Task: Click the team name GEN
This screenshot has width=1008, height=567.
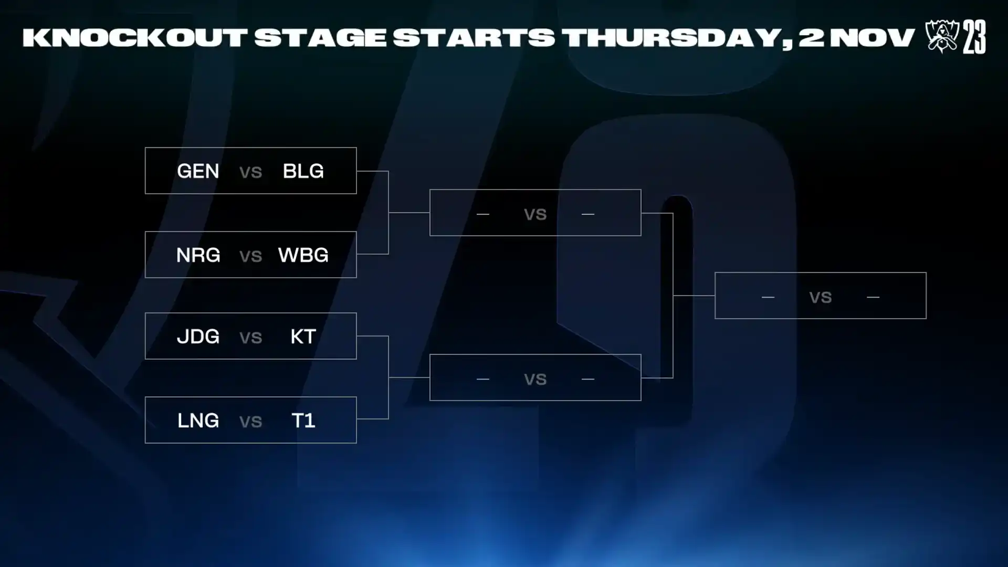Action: (198, 171)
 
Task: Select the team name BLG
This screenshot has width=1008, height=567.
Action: (303, 171)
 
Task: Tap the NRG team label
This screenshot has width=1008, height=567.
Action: (198, 255)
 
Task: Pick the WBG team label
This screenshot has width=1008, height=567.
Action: (303, 255)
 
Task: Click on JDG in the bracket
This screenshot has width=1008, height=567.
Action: (198, 337)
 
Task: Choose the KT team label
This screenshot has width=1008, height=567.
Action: (303, 337)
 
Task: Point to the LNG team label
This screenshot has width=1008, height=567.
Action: (198, 421)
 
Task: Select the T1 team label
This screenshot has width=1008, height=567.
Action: (303, 421)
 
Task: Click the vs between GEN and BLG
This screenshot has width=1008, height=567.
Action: (250, 172)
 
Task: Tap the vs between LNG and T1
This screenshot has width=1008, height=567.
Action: (250, 422)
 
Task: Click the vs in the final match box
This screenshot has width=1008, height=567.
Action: (821, 298)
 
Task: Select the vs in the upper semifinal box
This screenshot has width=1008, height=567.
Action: (535, 215)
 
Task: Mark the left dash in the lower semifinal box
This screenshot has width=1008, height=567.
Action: (483, 379)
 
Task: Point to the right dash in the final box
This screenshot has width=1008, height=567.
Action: (873, 297)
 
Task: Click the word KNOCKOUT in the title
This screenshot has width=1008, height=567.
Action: (135, 38)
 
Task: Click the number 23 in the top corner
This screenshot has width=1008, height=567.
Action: (974, 37)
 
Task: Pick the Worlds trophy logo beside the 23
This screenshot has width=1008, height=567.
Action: (942, 36)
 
